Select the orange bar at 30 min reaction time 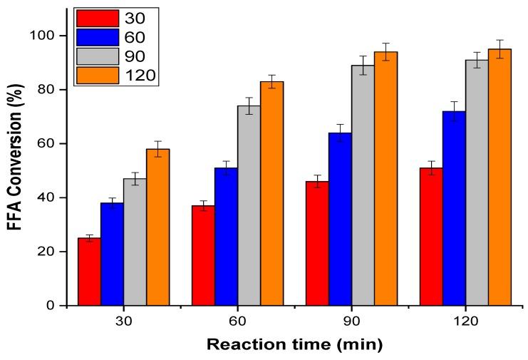[x=157, y=227]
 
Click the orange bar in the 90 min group [x=385, y=178]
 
